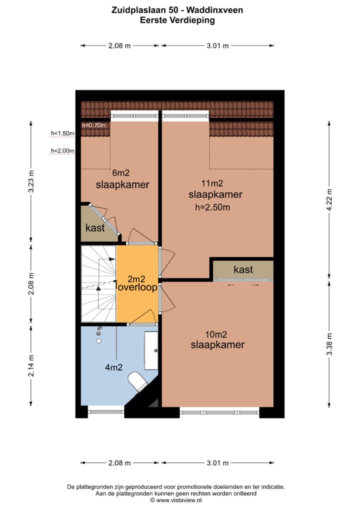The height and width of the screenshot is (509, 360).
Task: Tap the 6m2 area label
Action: pos(122,173)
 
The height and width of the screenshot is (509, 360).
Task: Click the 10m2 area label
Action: pos(217,334)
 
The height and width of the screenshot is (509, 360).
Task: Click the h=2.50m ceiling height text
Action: pos(215,206)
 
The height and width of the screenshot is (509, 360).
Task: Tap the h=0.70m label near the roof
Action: pos(93,125)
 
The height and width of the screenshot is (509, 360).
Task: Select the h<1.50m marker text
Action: pos(62,133)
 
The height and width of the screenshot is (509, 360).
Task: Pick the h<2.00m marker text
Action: pos(62,150)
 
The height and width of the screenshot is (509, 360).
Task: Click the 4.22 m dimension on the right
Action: pos(329,200)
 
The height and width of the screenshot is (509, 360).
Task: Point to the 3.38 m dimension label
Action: pos(329,344)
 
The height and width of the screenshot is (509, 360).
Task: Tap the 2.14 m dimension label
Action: pos(31,364)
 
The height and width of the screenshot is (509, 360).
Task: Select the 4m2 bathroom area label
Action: pos(113,368)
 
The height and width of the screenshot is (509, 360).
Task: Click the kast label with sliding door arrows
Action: pos(243,270)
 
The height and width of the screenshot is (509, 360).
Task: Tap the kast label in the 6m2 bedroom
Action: pos(95,228)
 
